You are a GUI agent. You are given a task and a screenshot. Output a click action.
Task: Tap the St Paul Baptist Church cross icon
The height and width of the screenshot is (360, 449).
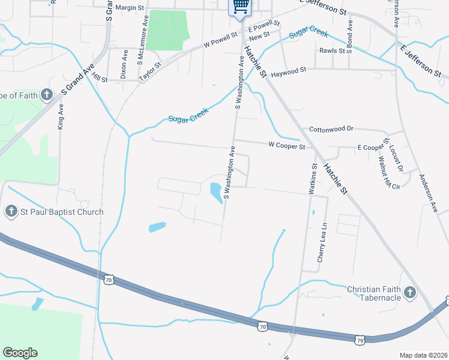pyautogui.click(x=11, y=211)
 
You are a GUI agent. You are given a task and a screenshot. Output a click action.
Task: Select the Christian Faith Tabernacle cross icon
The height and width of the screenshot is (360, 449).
pyautogui.click(x=410, y=293)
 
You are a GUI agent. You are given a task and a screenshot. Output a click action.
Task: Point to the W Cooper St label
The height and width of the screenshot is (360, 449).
pyautogui.click(x=287, y=146)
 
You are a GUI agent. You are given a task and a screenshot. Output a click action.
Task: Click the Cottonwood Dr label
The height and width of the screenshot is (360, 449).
pyautogui.click(x=332, y=129)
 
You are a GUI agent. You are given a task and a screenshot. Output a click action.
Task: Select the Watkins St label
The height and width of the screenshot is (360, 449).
pyautogui.click(x=312, y=178)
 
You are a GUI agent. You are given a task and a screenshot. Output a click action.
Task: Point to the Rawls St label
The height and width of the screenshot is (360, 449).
pyautogui.click(x=332, y=51)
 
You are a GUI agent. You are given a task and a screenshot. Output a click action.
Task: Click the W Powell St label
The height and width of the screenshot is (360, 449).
pyautogui.click(x=220, y=40)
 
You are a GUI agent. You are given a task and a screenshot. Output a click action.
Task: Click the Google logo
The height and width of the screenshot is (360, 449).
pyautogui.click(x=20, y=353)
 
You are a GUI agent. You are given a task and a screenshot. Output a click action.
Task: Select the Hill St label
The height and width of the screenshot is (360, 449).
pyautogui.click(x=100, y=79)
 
